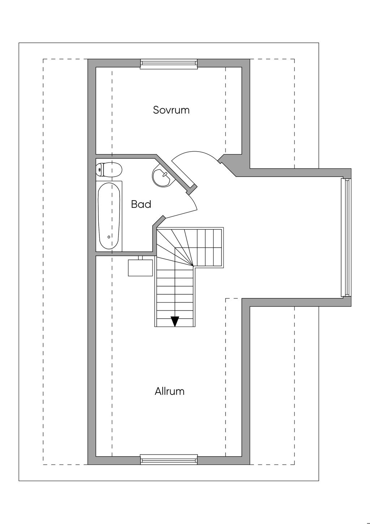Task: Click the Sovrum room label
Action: point(171,110)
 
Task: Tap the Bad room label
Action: point(141,204)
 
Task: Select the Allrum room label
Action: point(169,392)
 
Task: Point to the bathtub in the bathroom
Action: point(109,216)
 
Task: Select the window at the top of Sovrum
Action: point(169,64)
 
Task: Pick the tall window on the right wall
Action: point(346,237)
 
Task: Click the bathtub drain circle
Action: point(109,237)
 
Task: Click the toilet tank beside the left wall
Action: point(99,169)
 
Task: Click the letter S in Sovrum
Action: point(156,110)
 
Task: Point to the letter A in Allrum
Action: point(158,392)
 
